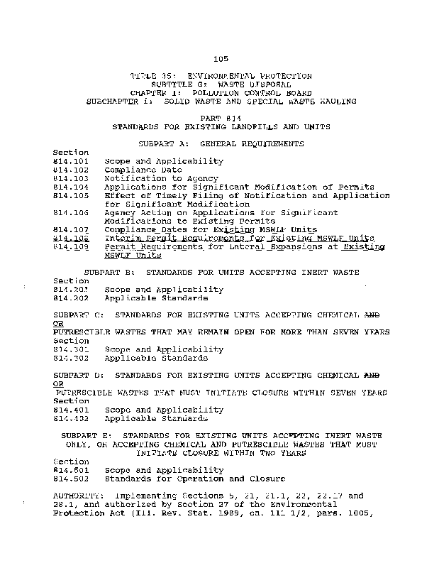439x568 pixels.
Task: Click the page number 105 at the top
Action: [x=219, y=58]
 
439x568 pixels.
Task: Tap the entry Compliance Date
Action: [x=143, y=170]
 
